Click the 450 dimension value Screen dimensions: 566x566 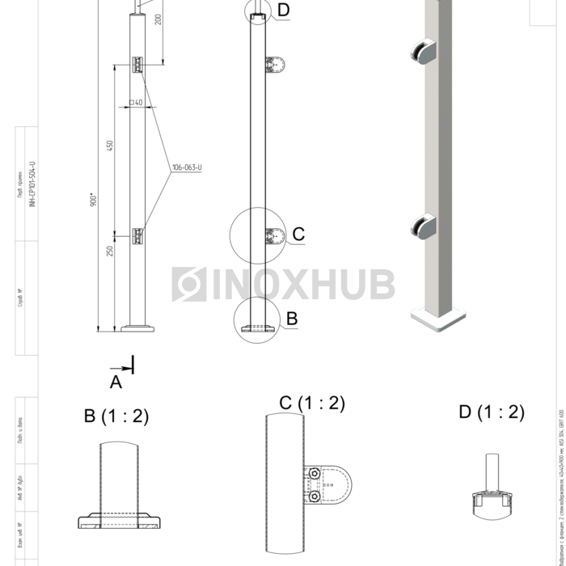[x=110, y=146]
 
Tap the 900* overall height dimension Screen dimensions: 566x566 [x=94, y=199]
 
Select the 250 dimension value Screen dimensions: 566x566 [x=110, y=251]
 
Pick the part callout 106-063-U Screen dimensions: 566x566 [x=186, y=167]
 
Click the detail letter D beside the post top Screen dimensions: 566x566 [x=283, y=10]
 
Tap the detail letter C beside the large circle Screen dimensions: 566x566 [x=298, y=234]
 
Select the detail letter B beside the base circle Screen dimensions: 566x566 [x=292, y=319]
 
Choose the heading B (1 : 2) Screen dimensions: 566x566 [x=116, y=416]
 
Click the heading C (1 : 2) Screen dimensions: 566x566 [x=312, y=403]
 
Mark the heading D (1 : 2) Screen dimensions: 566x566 [x=491, y=412]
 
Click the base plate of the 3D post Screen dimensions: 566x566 [x=439, y=316]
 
